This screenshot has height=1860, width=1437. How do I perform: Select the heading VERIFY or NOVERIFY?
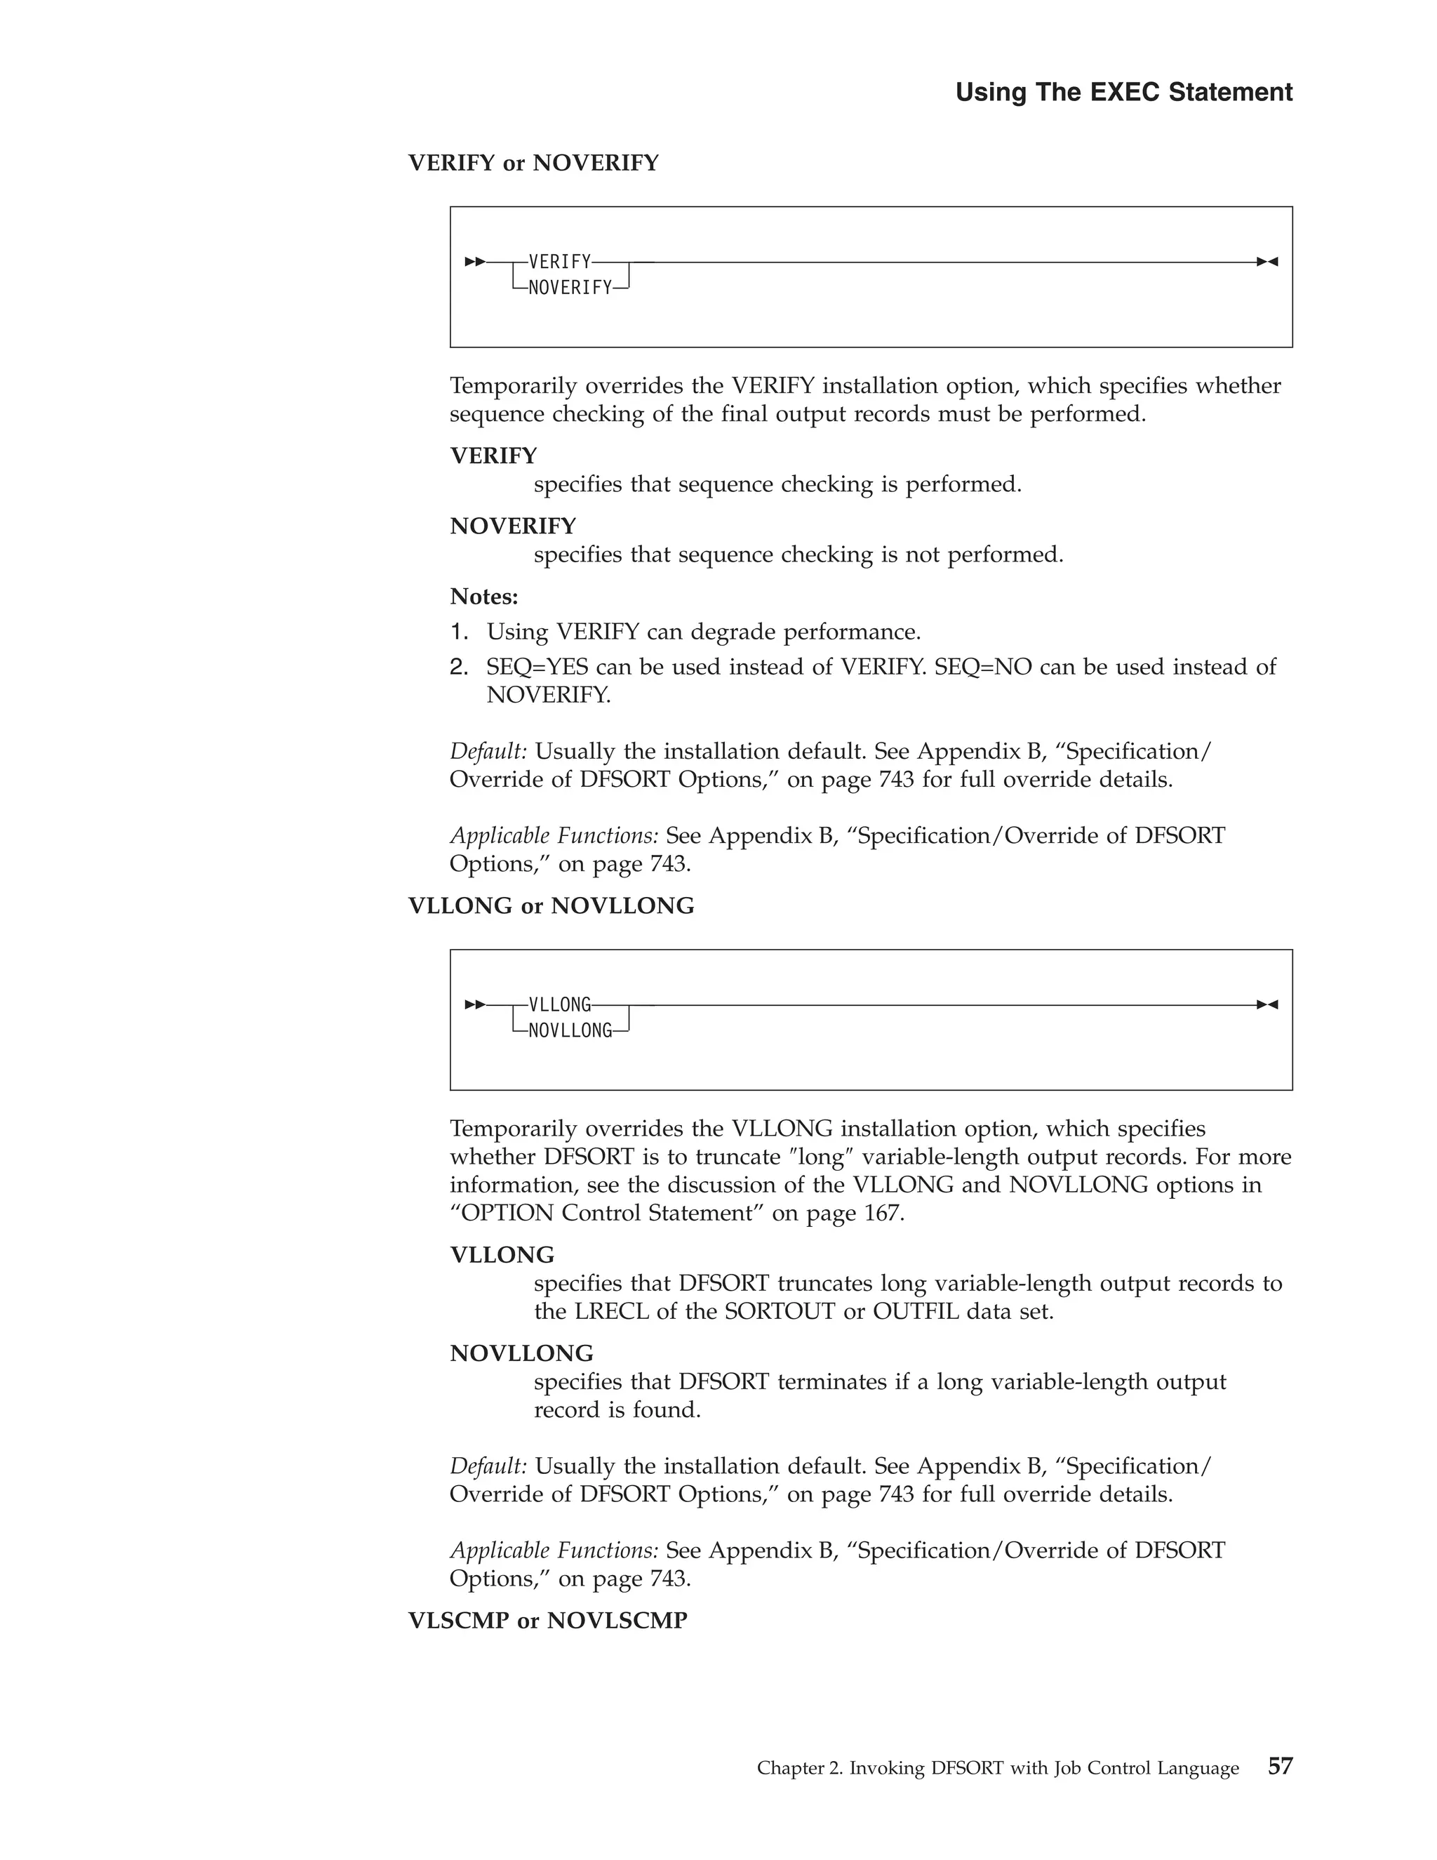click(533, 163)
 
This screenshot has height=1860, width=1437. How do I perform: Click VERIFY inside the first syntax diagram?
click(559, 262)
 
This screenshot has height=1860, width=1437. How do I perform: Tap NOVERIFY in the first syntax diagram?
click(570, 288)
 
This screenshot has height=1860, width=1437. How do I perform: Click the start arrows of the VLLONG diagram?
click(475, 1005)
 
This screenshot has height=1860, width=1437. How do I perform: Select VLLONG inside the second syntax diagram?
click(559, 1005)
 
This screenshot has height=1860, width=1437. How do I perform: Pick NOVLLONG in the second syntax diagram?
click(570, 1031)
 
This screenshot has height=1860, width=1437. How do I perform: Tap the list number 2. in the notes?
click(459, 667)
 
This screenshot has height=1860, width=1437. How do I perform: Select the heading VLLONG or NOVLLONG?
click(551, 906)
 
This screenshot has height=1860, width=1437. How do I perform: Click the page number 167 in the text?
click(881, 1213)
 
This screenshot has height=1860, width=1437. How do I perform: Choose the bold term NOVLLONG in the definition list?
click(521, 1353)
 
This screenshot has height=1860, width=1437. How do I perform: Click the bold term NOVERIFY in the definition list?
click(512, 526)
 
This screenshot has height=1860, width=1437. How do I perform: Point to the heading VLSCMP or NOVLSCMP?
click(547, 1621)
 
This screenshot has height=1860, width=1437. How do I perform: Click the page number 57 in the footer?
click(1280, 1767)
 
